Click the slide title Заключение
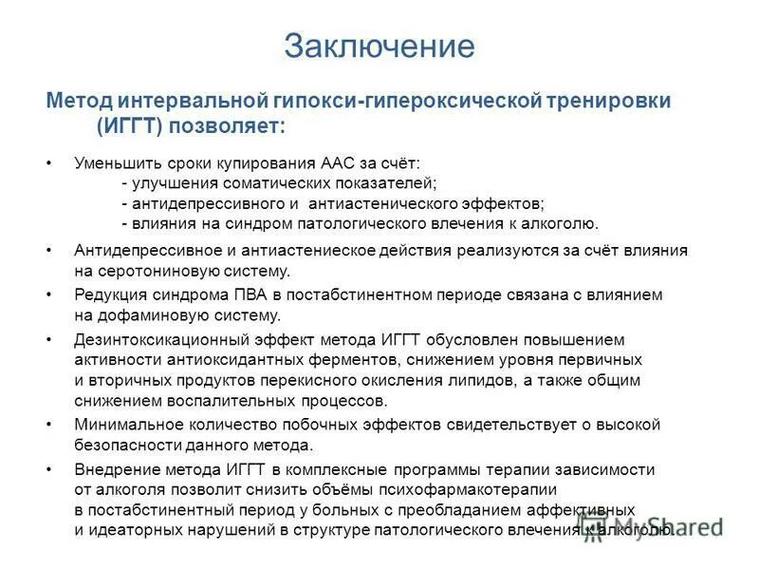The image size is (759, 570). tap(379, 45)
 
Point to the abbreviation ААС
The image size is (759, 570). tap(323, 163)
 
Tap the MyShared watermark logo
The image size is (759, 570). tap(664, 528)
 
